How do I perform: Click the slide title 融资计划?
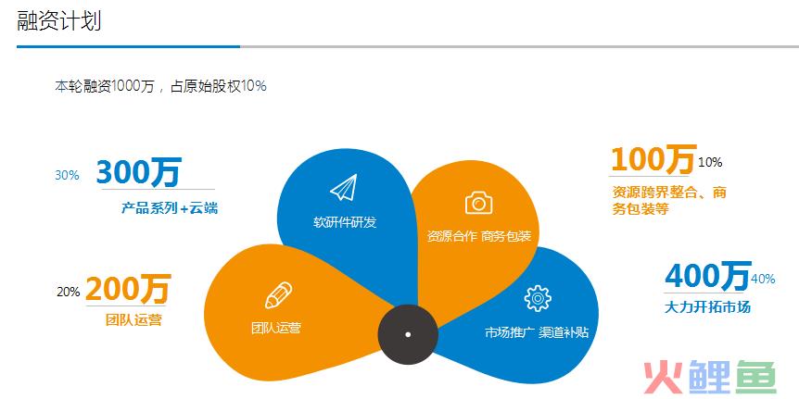coord(59,21)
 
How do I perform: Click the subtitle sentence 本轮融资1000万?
coord(105,86)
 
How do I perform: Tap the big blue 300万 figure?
coord(139,172)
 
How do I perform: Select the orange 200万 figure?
coord(128,288)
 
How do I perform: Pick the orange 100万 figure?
coord(653,158)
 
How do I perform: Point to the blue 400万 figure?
coord(708,275)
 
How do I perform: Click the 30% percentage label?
coord(68,176)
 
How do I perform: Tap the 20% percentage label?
coord(69,293)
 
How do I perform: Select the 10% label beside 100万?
coord(710,163)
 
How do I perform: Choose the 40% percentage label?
coord(763,279)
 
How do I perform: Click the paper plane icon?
coord(345,187)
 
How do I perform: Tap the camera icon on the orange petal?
coord(479,203)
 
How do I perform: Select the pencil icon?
coord(278,295)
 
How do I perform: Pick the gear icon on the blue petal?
coord(538,298)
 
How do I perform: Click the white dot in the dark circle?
coord(408,334)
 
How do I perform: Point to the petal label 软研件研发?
coord(345,222)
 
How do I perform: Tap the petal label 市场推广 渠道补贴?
coord(537,333)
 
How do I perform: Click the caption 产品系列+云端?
coord(170,207)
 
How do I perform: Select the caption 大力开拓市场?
coord(708,306)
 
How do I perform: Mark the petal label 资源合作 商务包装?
coord(479,236)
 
